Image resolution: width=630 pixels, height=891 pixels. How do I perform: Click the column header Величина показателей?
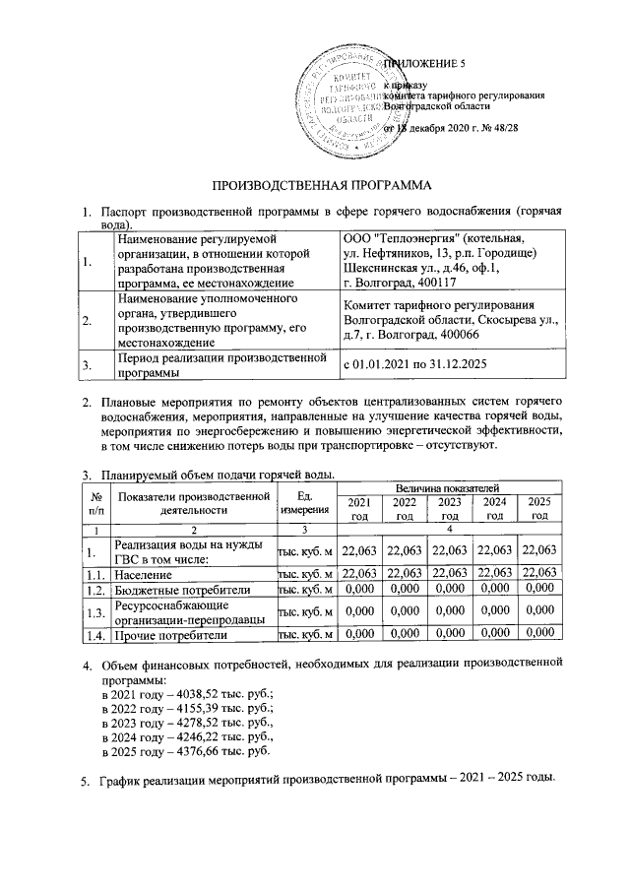449,488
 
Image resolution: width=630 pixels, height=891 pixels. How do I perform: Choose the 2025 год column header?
538,510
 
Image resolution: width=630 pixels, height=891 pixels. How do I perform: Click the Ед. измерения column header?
307,502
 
